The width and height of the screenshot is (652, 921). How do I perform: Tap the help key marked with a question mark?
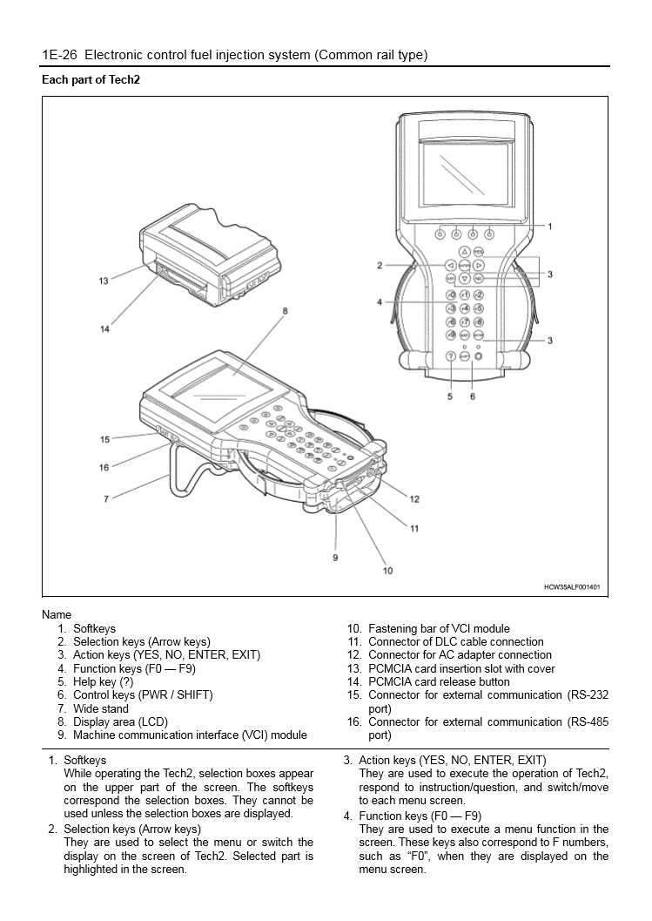click(451, 356)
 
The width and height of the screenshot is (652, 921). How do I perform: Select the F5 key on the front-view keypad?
click(478, 308)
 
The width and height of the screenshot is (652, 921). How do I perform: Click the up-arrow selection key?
click(465, 251)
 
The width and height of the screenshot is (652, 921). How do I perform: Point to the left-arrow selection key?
click(451, 264)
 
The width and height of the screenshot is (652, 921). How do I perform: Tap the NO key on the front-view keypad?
click(478, 278)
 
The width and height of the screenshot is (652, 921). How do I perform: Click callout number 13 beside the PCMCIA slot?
click(104, 281)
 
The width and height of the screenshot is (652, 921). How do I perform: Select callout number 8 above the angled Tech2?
click(285, 310)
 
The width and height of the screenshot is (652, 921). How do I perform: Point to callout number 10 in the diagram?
click(387, 571)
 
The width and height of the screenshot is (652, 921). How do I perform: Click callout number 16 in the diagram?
click(104, 467)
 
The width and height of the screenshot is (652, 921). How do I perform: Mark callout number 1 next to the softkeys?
click(549, 227)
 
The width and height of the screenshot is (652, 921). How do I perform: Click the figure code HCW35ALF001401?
click(572, 587)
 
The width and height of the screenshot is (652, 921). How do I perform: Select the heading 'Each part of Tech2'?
click(91, 79)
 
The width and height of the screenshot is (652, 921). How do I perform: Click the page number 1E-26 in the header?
click(60, 55)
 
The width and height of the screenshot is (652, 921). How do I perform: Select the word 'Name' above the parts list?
click(57, 614)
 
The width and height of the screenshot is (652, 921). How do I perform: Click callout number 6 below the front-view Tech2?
click(473, 396)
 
